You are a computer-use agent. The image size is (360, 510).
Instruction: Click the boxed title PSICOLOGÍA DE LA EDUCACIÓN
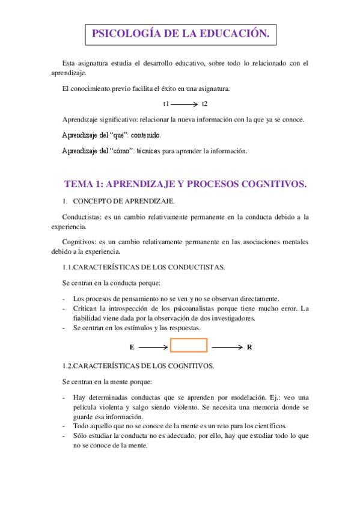[180, 34]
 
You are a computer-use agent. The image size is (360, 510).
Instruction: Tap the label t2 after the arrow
[205, 104]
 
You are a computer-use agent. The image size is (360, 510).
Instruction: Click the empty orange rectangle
[189, 345]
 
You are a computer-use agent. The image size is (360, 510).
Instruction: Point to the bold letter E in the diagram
[132, 348]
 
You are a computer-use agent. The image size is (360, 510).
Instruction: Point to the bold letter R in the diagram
[249, 348]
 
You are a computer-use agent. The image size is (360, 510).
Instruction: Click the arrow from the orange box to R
[228, 347]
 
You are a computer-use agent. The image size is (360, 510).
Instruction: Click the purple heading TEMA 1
[185, 185]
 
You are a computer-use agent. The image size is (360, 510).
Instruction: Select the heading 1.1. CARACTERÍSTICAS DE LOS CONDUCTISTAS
[144, 267]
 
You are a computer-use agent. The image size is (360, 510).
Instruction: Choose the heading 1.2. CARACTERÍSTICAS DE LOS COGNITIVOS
[138, 366]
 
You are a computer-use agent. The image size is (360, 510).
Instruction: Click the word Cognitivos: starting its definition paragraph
[80, 242]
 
